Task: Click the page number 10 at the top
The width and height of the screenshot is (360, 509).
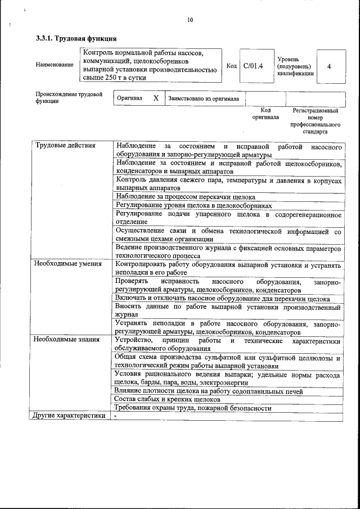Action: [x=190, y=20]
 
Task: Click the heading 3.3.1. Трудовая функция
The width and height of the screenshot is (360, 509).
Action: [x=76, y=39]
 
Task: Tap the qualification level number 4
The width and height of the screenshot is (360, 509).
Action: [x=328, y=66]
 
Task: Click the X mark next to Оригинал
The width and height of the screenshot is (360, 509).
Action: [x=156, y=98]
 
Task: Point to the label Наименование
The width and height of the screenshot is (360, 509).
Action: [x=55, y=65]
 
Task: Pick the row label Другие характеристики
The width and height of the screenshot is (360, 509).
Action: [x=69, y=416]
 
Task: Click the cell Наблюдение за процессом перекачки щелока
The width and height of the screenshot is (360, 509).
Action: [x=185, y=197]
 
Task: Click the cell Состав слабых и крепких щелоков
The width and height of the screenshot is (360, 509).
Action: [x=166, y=399]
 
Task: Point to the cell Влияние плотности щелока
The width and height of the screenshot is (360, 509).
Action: [x=208, y=391]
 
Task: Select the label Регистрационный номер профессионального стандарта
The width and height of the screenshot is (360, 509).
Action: [x=315, y=121]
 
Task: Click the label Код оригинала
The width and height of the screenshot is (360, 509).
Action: [x=265, y=114]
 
